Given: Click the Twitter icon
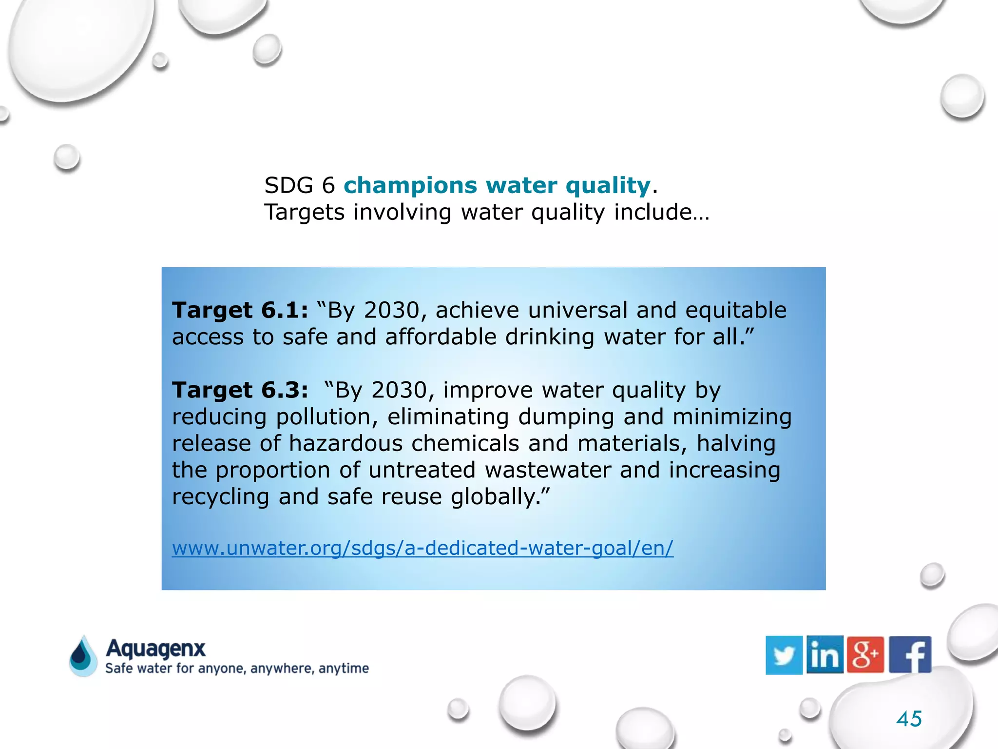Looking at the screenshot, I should tap(784, 655).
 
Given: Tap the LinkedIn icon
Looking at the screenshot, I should tap(825, 655).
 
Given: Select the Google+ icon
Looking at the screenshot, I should tap(865, 655).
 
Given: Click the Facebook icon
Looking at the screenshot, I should tap(910, 655).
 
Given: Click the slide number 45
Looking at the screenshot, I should tap(909, 719).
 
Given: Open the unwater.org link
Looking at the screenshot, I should tap(422, 548).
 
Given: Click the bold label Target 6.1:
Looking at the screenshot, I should tap(240, 310).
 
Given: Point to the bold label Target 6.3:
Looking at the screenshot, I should tap(240, 390).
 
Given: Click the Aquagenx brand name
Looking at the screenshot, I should tap(155, 649).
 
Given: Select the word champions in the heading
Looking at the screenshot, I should tap(410, 185).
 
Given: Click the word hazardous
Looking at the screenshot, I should tap(345, 444).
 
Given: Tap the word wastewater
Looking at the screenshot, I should tap(548, 470).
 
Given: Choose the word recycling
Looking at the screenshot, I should tap(220, 497).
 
